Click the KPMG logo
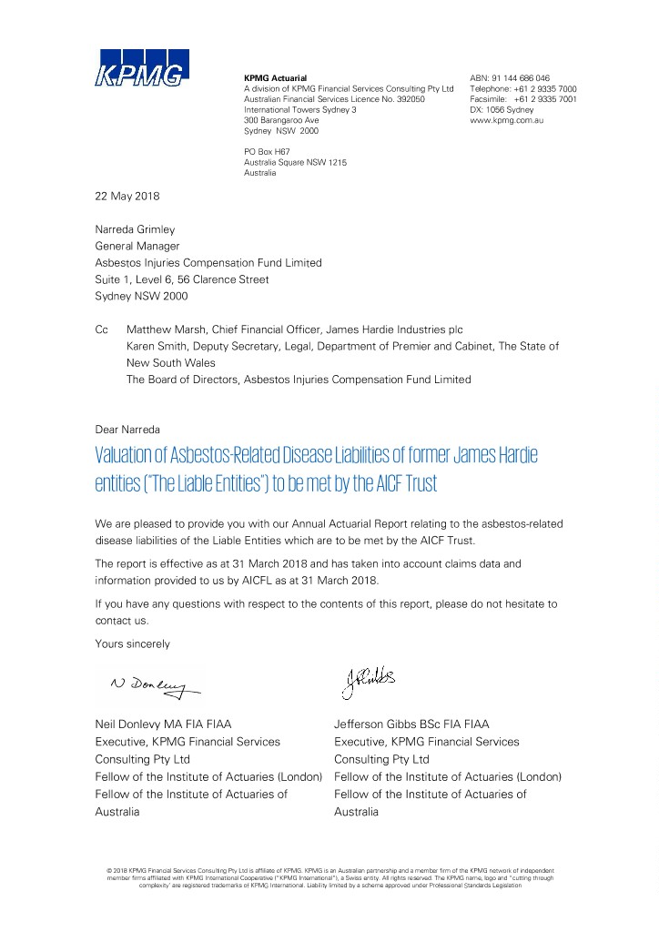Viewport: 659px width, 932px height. point(142,69)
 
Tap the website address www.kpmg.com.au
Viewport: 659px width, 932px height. point(506,120)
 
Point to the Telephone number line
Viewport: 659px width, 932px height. point(522,89)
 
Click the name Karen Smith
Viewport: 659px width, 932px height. point(154,346)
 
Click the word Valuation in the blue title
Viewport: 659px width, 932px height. point(130,454)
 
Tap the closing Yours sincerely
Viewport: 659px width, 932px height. point(132,643)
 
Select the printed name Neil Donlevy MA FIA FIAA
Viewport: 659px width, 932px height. point(163,724)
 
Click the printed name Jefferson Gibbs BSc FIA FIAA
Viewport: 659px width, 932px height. point(411,724)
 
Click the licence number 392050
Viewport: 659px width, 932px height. point(407,99)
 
